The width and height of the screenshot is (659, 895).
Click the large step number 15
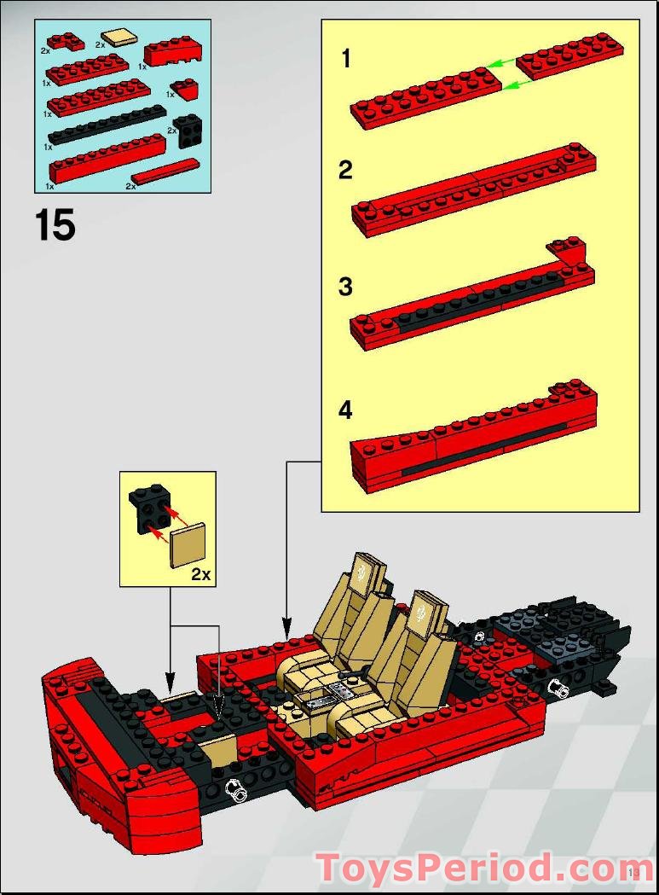click(55, 226)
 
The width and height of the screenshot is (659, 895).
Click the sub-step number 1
click(345, 59)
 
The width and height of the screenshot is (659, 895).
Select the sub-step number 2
click(345, 171)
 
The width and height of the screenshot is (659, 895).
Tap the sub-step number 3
click(345, 287)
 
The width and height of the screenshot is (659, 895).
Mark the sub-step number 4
click(345, 410)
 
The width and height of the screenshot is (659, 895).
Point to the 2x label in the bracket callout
click(200, 573)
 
